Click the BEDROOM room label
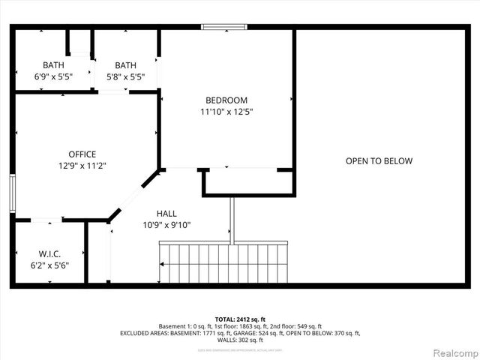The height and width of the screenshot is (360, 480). pos(226,100)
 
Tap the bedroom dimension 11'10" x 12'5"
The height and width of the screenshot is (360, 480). pos(226,112)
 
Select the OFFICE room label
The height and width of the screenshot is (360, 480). pos(82,154)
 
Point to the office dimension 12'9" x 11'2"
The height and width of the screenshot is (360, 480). pos(82,166)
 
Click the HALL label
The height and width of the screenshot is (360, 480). pos(166,213)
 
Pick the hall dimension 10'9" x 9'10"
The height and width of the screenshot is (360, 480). pos(166,224)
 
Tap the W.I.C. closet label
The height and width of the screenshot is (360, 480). pos(49,253)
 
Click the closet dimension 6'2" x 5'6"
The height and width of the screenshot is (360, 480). pos(49,265)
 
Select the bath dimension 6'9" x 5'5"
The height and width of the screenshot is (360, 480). pos(53,76)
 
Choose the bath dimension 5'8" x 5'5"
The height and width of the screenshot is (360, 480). pos(125,76)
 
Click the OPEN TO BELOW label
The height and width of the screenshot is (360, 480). pos(379,160)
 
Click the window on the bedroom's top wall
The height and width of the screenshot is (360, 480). pos(223,27)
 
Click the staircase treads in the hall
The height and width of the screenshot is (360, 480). pos(225,263)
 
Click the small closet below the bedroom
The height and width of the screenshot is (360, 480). pos(247,182)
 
